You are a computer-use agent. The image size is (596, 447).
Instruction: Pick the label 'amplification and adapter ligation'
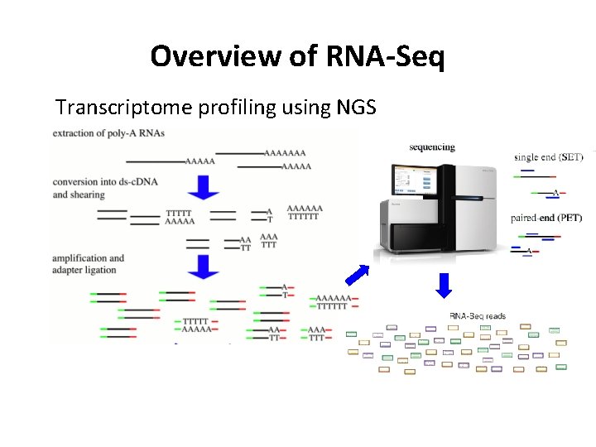coord(88,263)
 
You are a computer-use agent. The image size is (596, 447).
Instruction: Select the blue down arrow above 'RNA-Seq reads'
coord(445,284)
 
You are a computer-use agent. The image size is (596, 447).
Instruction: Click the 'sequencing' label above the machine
coord(432,147)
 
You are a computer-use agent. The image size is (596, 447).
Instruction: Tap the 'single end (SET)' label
coord(549,157)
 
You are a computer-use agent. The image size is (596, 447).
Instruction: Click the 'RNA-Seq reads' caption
coord(478,315)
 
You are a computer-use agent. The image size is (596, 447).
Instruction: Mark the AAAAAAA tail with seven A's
coord(284,153)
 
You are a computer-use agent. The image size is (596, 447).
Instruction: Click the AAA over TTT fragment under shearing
coord(269,241)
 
